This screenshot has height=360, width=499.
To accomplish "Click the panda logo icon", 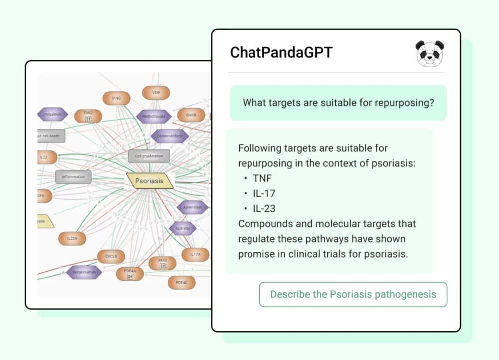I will [x=430, y=53].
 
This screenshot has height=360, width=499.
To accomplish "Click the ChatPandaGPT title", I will [x=281, y=53].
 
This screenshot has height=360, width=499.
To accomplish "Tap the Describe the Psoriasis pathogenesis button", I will [x=353, y=294].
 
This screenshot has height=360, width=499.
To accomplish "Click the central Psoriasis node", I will [x=149, y=181].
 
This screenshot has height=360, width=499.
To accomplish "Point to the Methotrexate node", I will [x=154, y=116].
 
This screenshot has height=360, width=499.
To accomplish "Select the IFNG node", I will [x=116, y=98].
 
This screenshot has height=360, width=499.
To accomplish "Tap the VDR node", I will [x=156, y=93].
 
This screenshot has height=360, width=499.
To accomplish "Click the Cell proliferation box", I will [x=149, y=156].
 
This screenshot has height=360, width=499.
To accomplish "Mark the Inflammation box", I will [x=73, y=176].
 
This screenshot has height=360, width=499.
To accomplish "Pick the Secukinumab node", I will [x=84, y=272].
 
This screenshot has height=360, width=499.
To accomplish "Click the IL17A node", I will [x=195, y=255].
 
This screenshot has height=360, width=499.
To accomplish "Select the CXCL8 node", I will [x=111, y=257].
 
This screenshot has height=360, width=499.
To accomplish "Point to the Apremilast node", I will [x=192, y=207].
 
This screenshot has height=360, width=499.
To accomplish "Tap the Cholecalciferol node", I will [x=170, y=136].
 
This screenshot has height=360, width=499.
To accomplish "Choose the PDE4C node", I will [x=181, y=283].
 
